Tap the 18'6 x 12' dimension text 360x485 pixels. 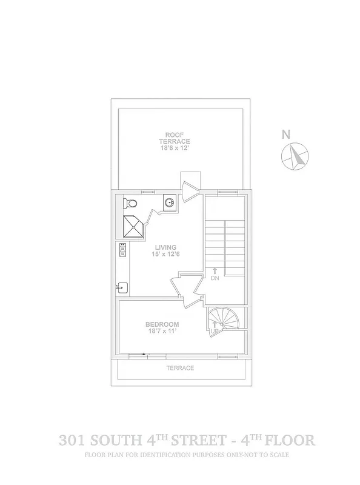pyautogui.click(x=175, y=147)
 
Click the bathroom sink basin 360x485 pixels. pyautogui.click(x=170, y=202)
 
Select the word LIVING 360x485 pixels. pyautogui.click(x=165, y=247)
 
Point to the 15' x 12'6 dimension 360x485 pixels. pyautogui.click(x=165, y=255)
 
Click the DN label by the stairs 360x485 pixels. pyautogui.click(x=215, y=278)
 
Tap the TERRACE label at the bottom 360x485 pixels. pyautogui.click(x=181, y=368)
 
